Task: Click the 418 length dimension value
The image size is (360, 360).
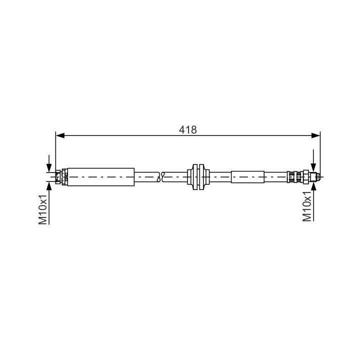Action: [x=187, y=130]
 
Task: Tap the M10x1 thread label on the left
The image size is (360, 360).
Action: [x=43, y=209]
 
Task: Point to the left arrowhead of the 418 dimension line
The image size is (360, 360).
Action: [x=60, y=135]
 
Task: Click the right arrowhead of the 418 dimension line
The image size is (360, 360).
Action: [x=315, y=135]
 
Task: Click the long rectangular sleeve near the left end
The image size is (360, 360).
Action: [x=101, y=177]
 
